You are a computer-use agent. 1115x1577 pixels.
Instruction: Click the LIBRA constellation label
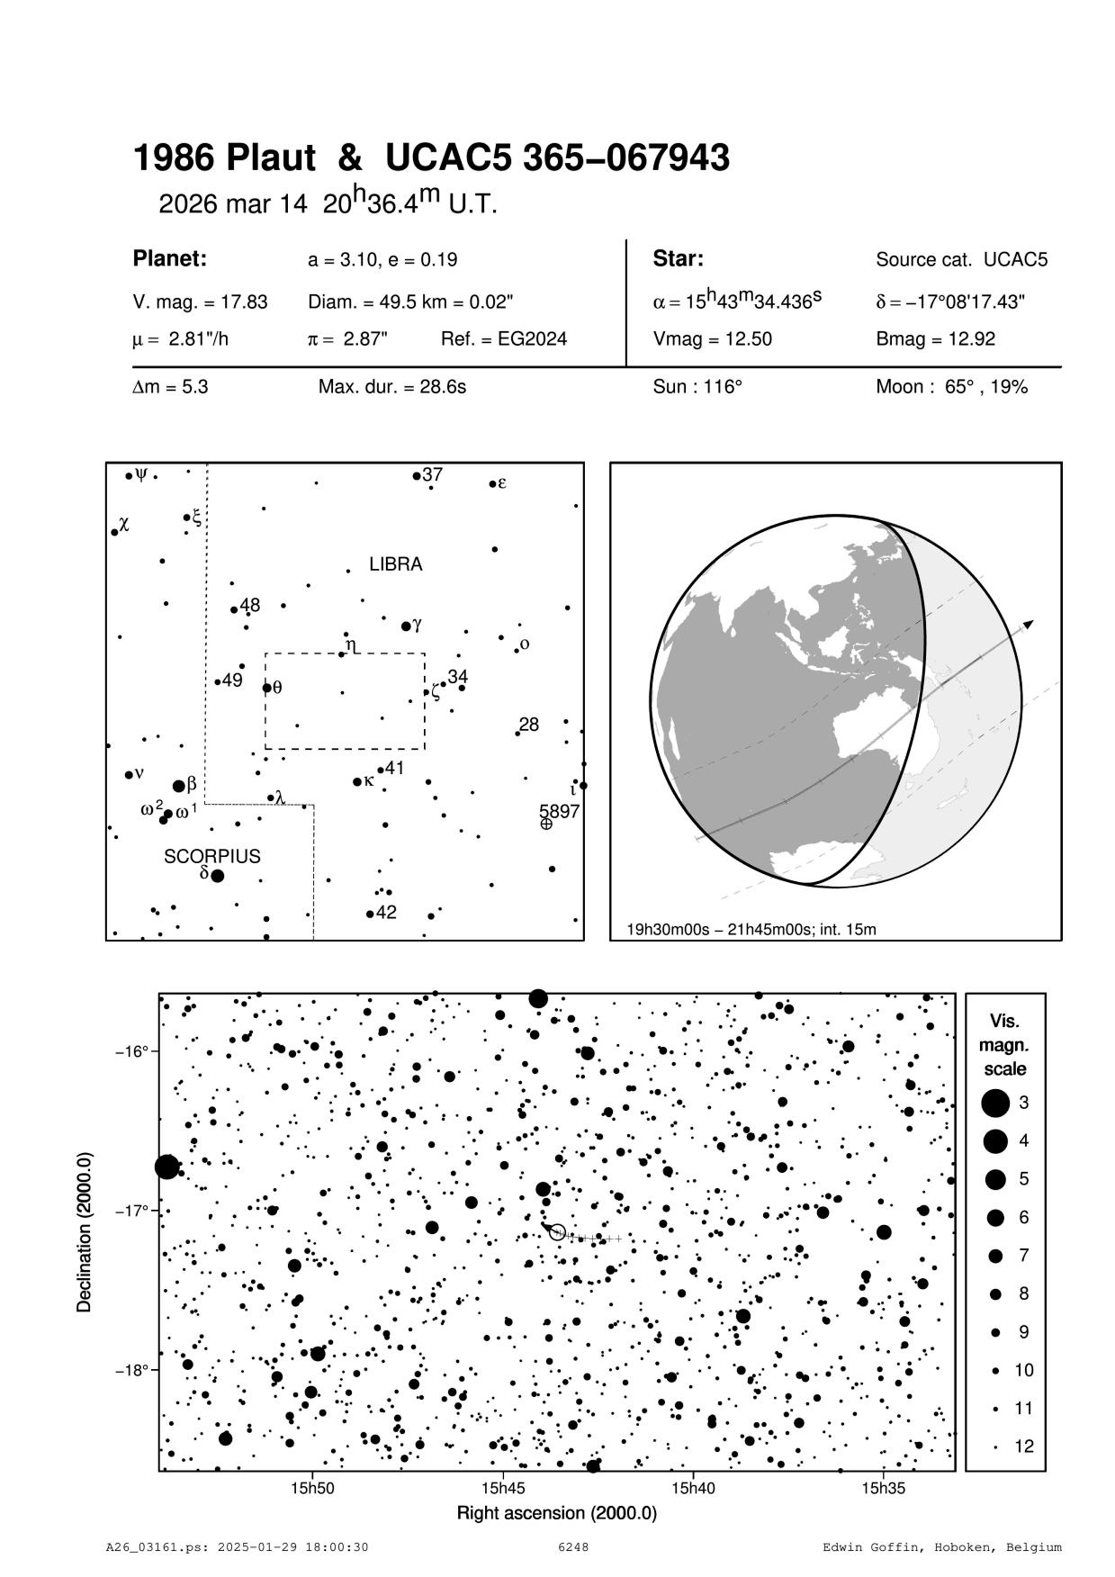click(395, 565)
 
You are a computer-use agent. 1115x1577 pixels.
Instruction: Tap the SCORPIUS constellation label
click(211, 856)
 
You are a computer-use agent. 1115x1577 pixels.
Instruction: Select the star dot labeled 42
click(370, 915)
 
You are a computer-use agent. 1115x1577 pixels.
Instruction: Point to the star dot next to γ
click(406, 626)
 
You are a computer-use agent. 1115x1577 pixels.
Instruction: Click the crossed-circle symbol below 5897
click(546, 824)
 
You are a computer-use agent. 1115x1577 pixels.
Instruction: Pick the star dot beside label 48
click(234, 609)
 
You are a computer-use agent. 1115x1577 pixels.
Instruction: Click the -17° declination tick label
click(130, 1211)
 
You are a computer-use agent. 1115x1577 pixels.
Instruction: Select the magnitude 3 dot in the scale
click(994, 1103)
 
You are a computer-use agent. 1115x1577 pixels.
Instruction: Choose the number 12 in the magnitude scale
click(1024, 1446)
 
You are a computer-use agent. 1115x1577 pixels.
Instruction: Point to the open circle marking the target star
click(557, 1232)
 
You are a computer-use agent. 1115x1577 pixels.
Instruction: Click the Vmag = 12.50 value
click(712, 340)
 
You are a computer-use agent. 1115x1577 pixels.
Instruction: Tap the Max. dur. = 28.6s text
click(391, 388)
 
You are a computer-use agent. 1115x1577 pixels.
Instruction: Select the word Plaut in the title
click(270, 159)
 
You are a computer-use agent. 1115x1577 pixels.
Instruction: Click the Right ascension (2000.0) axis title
click(556, 1513)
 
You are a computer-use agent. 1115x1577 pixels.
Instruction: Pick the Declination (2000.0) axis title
click(85, 1231)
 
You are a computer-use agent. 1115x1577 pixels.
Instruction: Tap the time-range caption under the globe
click(751, 929)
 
